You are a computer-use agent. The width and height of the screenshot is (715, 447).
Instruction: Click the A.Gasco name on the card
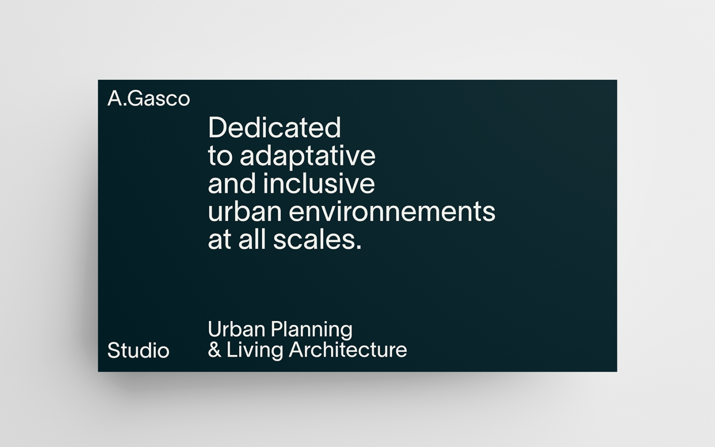pos(149,98)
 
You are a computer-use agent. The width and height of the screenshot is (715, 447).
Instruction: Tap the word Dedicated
pos(275,128)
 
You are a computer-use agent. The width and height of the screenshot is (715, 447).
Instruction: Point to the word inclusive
pos(318,184)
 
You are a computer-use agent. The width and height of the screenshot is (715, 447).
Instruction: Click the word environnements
pos(392,212)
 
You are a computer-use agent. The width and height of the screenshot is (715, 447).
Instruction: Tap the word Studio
pos(138,350)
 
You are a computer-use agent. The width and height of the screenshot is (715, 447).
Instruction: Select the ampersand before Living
pos(215,350)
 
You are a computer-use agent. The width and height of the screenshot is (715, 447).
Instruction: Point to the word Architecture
pos(348,350)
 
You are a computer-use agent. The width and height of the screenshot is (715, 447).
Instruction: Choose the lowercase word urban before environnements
pos(245,211)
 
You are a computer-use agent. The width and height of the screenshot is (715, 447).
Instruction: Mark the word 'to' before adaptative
pos(220,157)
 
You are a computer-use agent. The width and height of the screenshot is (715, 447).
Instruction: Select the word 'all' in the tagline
pos(252,239)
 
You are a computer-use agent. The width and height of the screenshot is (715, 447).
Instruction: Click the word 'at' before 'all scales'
pos(220,240)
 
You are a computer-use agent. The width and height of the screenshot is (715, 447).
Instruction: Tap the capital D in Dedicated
pos(219,128)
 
